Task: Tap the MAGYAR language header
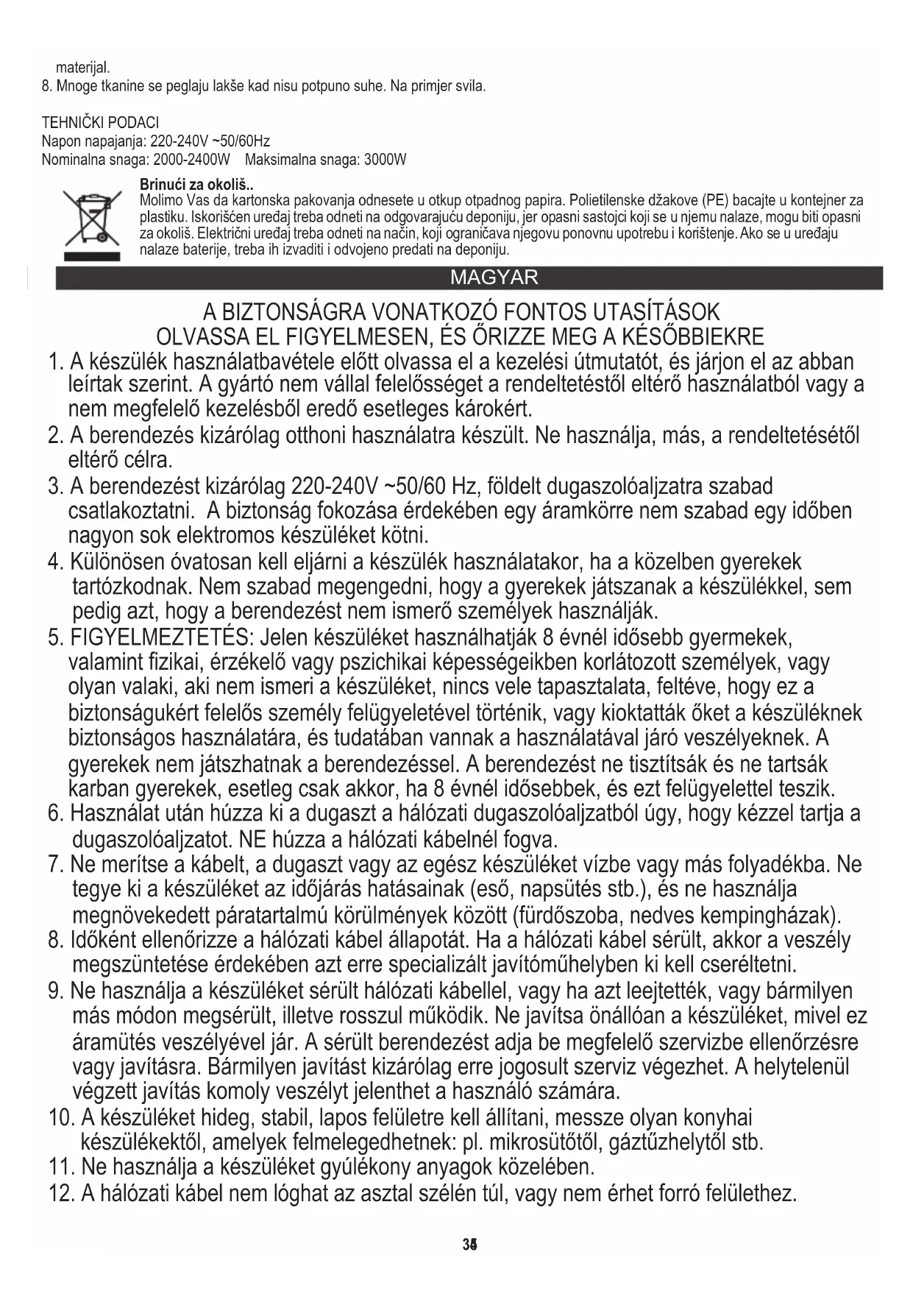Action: point(494,277)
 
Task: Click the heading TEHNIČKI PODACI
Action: point(100,122)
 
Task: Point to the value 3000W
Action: point(385,160)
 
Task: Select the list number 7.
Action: point(55,865)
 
